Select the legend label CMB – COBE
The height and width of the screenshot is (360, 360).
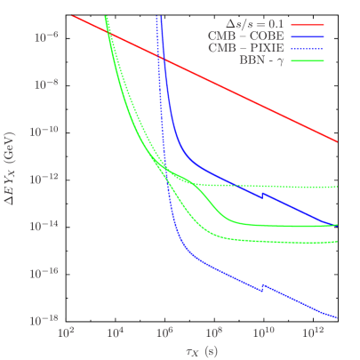pos(253,36)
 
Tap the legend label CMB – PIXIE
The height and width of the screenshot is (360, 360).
pos(252,48)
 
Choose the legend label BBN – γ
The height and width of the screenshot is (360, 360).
pos(262,60)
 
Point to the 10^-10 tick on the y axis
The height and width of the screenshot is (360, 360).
pos(44,131)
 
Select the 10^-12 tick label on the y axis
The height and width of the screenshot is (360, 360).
pos(44,179)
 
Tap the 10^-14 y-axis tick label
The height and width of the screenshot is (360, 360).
pos(44,226)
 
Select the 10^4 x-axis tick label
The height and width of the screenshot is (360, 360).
pos(115,332)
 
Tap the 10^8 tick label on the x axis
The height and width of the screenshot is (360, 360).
pos(213,332)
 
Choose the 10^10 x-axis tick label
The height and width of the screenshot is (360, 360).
pos(262,332)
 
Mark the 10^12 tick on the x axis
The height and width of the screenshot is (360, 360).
pos(312,332)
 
